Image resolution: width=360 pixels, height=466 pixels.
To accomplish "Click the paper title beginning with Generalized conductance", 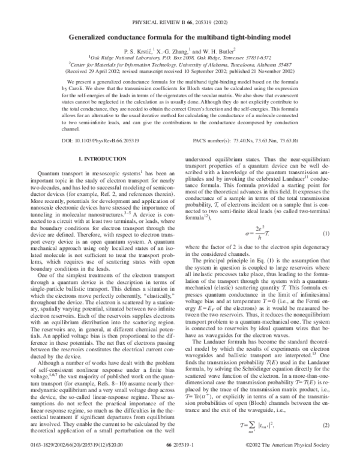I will click(180, 37).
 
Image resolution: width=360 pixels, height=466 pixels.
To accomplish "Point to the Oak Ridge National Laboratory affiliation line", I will click(180, 60).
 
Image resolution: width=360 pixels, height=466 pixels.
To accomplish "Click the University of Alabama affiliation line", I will click(180, 68).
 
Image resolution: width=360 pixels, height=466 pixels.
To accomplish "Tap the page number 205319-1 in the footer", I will click(180, 461).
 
